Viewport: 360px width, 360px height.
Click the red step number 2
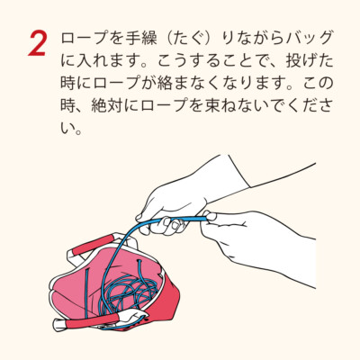coord(37,44)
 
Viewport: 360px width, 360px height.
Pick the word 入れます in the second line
coord(108,61)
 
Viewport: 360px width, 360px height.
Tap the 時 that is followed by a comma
coord(68,106)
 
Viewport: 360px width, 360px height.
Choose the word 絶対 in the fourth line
coord(108,106)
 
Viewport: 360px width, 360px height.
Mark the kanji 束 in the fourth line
coord(212,106)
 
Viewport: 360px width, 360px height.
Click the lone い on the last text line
coord(67,129)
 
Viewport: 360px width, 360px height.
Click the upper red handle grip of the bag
coord(92,245)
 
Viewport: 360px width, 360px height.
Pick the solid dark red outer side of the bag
coord(168,303)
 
